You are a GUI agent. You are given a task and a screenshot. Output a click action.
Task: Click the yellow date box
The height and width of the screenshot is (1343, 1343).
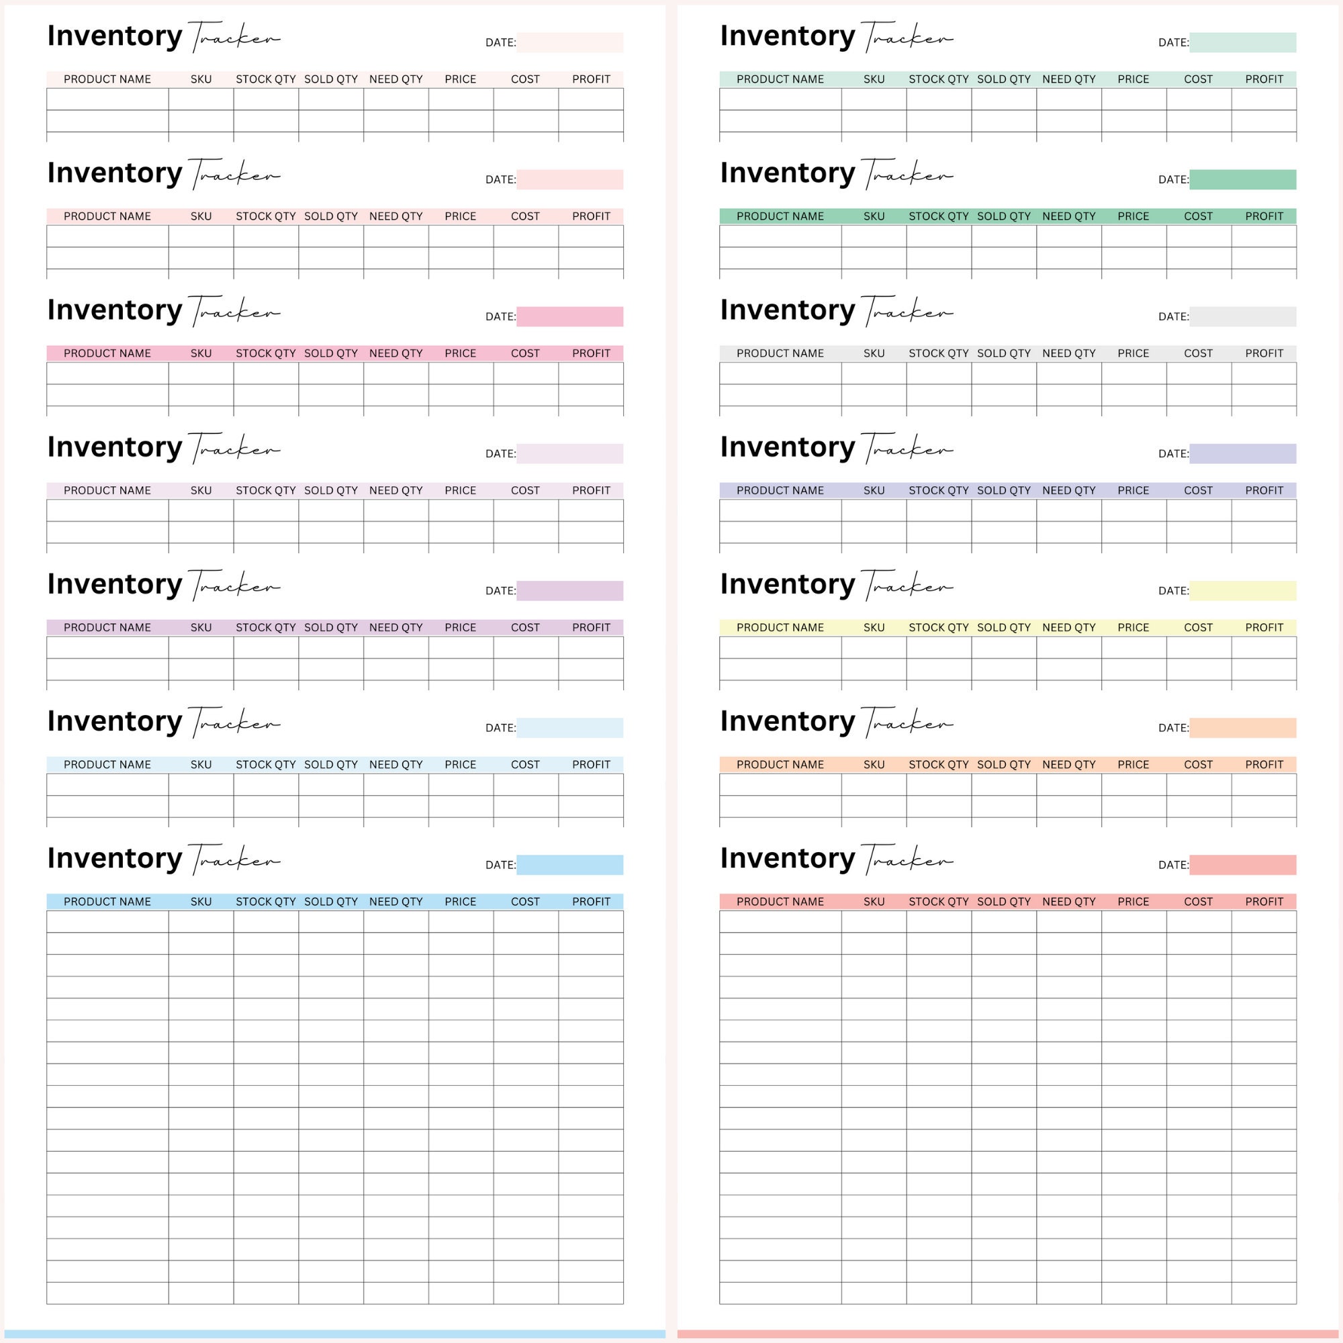pyautogui.click(x=1242, y=591)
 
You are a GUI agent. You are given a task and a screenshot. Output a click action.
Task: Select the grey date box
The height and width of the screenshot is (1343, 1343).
pyautogui.click(x=1242, y=317)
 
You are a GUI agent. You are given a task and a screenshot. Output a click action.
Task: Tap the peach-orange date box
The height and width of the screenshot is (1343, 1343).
pyautogui.click(x=1242, y=728)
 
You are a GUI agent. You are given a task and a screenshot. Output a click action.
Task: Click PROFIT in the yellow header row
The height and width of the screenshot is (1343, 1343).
pyautogui.click(x=1264, y=628)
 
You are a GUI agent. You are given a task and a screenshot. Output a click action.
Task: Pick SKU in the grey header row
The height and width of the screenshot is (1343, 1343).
pyautogui.click(x=874, y=354)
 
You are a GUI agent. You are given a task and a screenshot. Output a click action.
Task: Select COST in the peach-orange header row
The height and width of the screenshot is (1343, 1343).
pyautogui.click(x=1199, y=765)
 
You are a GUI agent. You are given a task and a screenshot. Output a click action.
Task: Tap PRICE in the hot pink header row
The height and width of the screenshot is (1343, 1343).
pyautogui.click(x=460, y=354)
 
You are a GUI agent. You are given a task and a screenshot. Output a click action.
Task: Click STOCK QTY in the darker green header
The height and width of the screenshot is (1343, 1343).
pyautogui.click(x=939, y=217)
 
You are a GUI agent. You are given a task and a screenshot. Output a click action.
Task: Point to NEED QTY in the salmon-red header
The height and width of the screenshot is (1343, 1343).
pyautogui.click(x=1068, y=902)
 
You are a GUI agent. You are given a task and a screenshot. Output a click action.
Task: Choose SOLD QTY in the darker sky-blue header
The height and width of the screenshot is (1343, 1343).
pyautogui.click(x=331, y=902)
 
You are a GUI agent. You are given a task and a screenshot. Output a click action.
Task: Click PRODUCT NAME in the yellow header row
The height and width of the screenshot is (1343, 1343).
pyautogui.click(x=780, y=628)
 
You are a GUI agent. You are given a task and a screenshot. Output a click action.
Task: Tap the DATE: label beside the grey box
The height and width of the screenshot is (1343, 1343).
pyautogui.click(x=1172, y=317)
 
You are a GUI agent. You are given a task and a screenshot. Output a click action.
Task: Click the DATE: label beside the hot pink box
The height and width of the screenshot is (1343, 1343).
pyautogui.click(x=500, y=317)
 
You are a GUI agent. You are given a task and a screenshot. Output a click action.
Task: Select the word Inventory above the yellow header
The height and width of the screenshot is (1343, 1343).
pyautogui.click(x=787, y=584)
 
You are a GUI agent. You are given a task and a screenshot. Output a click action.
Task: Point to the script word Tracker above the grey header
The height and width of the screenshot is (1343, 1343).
pyautogui.click(x=907, y=312)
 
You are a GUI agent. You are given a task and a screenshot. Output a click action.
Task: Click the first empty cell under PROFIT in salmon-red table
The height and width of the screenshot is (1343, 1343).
pyautogui.click(x=1264, y=922)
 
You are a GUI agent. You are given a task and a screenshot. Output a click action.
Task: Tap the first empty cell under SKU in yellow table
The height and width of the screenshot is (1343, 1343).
pyautogui.click(x=874, y=648)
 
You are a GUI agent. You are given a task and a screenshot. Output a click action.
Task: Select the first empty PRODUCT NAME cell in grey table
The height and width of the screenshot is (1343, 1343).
pyautogui.click(x=780, y=374)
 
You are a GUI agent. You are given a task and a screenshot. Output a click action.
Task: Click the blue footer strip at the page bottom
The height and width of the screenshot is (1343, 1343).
pyautogui.click(x=334, y=1335)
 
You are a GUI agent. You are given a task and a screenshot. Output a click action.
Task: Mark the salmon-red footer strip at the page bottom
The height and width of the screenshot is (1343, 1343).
pyautogui.click(x=1008, y=1335)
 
